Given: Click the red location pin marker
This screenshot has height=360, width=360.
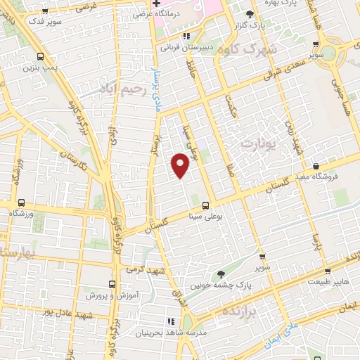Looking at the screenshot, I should (x=181, y=166).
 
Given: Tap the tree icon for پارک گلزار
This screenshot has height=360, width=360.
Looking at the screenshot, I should (x=250, y=14).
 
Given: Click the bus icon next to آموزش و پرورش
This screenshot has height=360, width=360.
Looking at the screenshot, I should (x=112, y=285).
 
